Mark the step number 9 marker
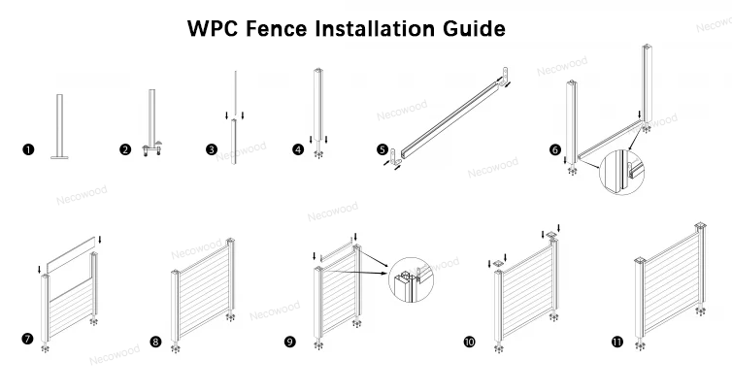click(289, 342)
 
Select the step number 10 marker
click(470, 343)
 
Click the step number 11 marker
click(617, 342)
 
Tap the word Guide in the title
click(470, 28)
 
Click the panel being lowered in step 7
click(74, 259)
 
